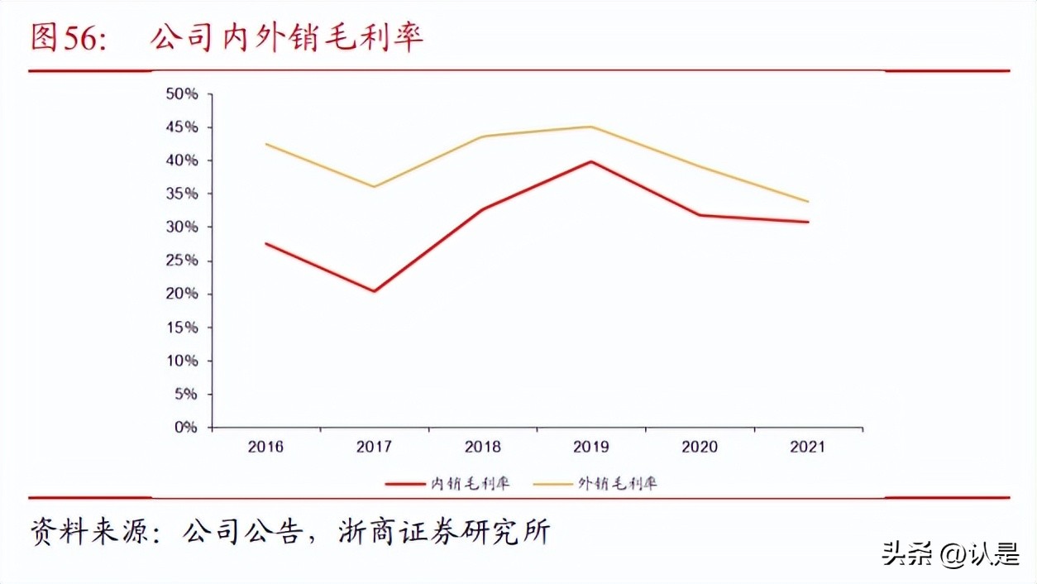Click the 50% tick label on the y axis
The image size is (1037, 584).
point(182,93)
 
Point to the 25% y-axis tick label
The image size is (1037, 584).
point(182,261)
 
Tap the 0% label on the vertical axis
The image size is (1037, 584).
point(186,428)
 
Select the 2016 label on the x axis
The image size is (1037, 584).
point(265,447)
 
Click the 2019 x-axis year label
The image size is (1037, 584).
point(590,447)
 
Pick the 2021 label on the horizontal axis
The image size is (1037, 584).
point(807,447)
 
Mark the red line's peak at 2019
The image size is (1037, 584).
point(590,161)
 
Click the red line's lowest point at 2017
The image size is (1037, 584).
point(374,291)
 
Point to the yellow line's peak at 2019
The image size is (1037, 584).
point(590,127)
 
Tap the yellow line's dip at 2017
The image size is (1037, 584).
point(374,187)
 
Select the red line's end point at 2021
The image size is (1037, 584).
point(808,222)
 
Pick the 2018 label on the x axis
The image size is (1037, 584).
point(482,447)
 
